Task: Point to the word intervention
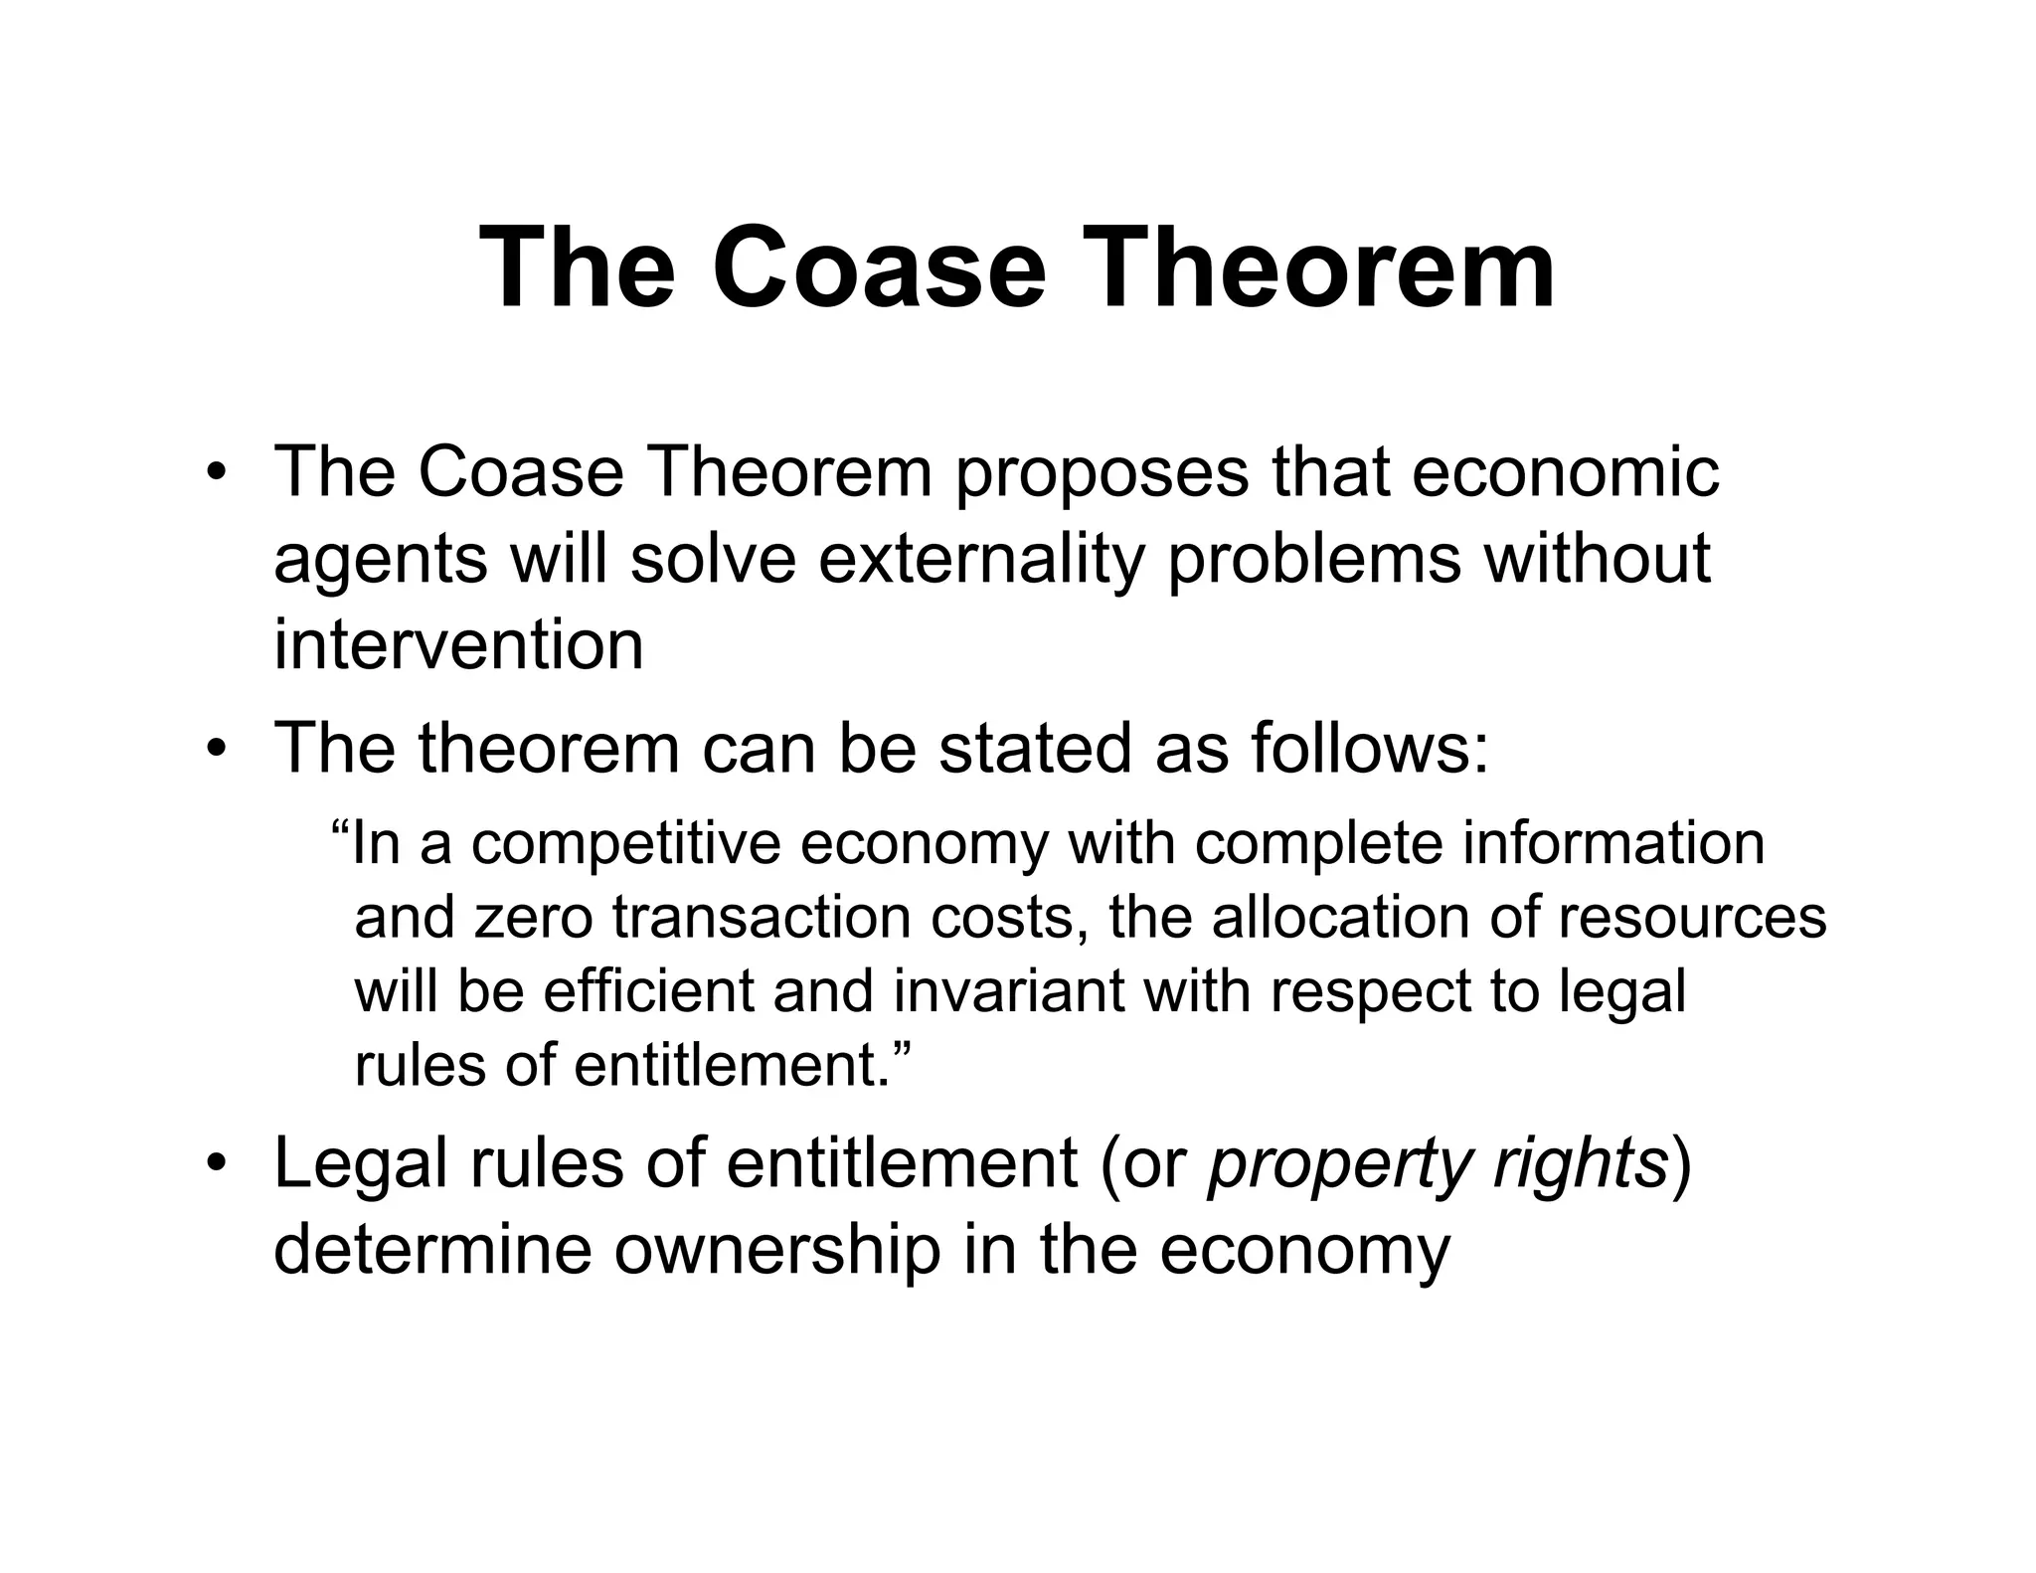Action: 458,644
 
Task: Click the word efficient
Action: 649,991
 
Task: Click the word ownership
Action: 777,1250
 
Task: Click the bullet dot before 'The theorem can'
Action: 216,748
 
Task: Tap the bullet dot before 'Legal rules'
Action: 216,1164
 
